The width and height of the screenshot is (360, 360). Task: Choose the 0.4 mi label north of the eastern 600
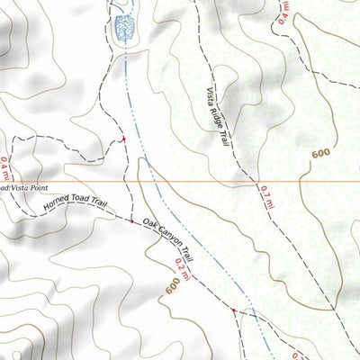tap(285, 12)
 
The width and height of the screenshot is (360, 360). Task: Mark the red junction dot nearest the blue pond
tap(123, 139)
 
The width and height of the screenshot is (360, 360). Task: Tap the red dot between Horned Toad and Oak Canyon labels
tap(132, 221)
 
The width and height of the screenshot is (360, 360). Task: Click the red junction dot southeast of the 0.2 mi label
tap(234, 311)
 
